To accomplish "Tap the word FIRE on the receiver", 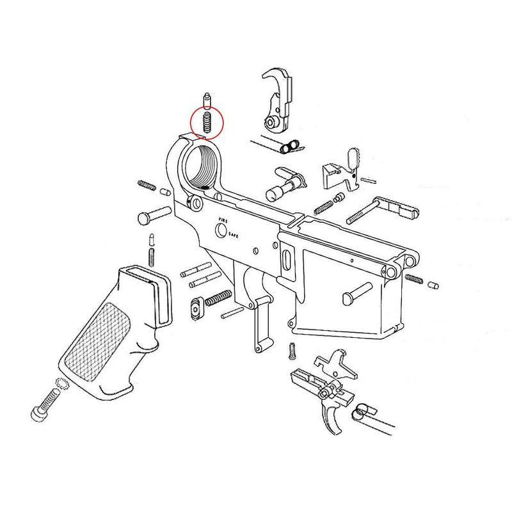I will point(222,220).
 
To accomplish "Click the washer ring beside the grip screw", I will point(60,384).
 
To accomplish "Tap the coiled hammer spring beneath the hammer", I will point(291,147).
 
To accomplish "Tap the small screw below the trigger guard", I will point(293,349).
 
